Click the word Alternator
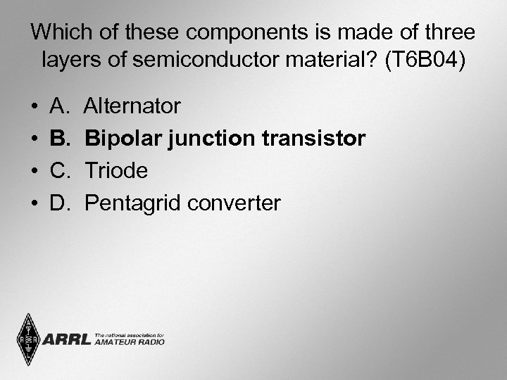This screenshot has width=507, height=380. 132,107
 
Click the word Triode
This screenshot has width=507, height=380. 116,172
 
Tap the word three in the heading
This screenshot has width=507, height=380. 448,32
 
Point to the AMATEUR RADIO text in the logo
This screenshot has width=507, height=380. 129,343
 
